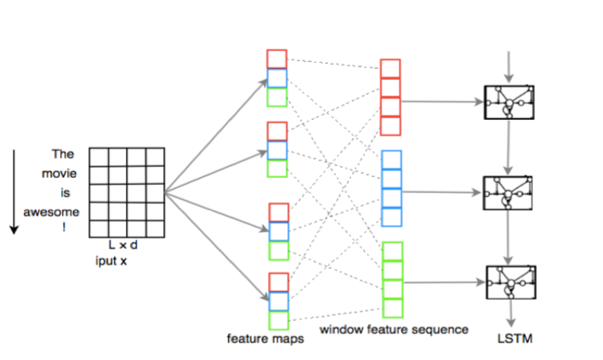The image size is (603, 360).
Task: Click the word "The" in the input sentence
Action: pyautogui.click(x=64, y=155)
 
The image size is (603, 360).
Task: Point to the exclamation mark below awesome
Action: pyautogui.click(x=65, y=228)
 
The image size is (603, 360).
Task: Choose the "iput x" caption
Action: pyautogui.click(x=111, y=260)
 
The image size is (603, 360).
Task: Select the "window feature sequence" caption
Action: pyautogui.click(x=394, y=329)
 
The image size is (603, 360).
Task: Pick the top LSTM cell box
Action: pyautogui.click(x=509, y=103)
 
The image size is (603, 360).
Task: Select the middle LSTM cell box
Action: pyautogui.click(x=509, y=194)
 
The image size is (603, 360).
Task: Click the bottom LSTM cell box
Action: pyautogui.click(x=509, y=283)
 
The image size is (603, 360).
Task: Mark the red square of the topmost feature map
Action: pyautogui.click(x=277, y=59)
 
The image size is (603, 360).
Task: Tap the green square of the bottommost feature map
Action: pyautogui.click(x=277, y=320)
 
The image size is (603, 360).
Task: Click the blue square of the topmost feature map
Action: pyautogui.click(x=277, y=78)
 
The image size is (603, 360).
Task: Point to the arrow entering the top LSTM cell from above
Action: pyautogui.click(x=509, y=66)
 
